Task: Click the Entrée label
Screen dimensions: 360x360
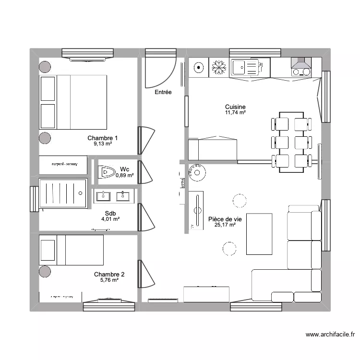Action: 163,92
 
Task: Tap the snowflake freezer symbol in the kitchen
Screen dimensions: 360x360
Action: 219,68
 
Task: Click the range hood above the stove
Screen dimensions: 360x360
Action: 301,63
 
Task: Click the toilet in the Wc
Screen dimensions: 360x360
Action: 106,172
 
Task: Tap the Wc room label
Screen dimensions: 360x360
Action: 124,169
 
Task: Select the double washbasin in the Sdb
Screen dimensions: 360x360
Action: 114,196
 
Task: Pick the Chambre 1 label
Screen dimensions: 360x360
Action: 103,138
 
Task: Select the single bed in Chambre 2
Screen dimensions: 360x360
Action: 72,250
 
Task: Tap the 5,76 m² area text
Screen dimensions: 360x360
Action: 109,280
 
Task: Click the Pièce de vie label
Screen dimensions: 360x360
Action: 225,219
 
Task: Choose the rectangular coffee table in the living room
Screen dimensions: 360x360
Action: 259,234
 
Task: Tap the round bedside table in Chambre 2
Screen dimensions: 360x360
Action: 45,271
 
